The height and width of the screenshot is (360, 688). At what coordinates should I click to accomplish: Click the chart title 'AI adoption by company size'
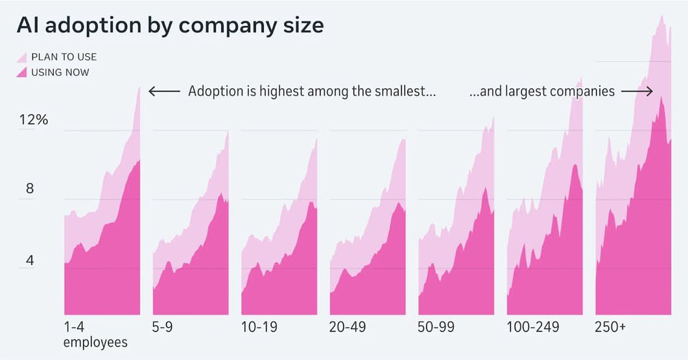[170, 25]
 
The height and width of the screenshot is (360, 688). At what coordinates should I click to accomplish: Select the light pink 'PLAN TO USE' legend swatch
[21, 56]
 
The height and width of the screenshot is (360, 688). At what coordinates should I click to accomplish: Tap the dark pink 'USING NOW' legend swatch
[21, 71]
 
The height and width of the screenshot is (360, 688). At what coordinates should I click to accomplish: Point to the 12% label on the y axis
[33, 120]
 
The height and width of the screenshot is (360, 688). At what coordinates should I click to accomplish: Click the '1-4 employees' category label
[95, 334]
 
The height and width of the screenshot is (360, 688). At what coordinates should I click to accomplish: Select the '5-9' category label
[162, 327]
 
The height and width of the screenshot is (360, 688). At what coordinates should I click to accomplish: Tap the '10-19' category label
[259, 327]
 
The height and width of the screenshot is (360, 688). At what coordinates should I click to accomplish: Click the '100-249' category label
[532, 327]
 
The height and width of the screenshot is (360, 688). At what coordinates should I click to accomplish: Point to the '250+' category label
[610, 327]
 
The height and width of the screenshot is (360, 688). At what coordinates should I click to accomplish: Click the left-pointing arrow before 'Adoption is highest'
[164, 91]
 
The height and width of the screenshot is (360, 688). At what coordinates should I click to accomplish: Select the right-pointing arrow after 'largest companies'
[637, 91]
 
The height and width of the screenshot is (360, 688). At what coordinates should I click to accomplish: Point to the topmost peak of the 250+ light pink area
[661, 16]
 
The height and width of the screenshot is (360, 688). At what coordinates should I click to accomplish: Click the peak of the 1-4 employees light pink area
[139, 87]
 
